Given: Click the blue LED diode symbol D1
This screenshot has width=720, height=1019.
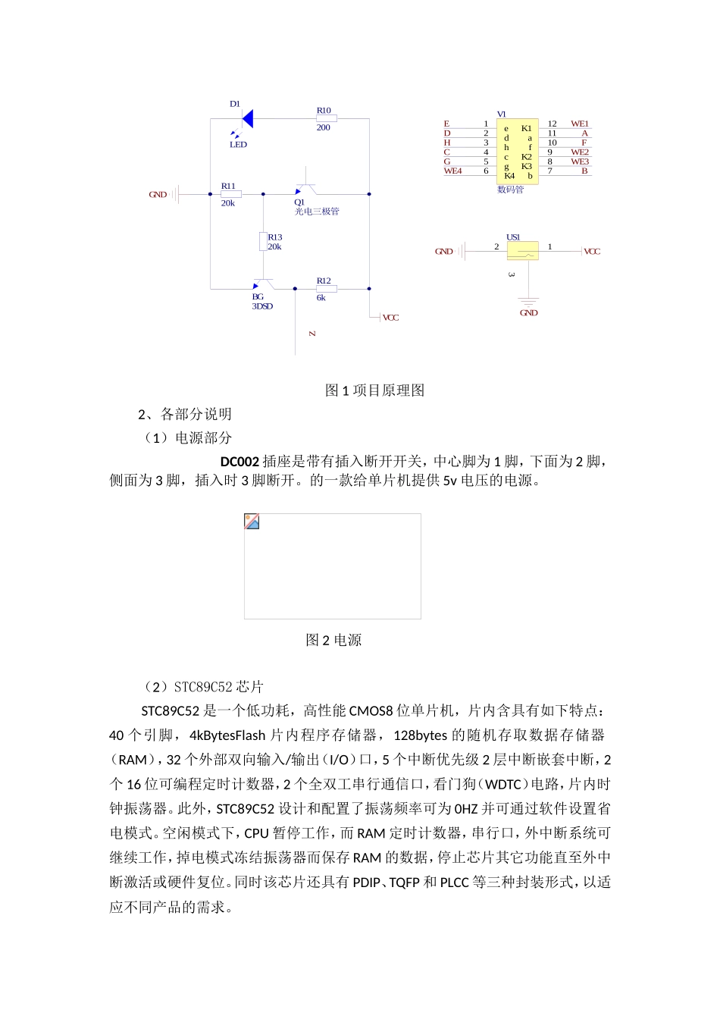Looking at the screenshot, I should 247,118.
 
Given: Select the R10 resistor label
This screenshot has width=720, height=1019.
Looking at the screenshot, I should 324,111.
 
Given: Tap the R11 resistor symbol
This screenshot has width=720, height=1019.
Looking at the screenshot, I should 231,194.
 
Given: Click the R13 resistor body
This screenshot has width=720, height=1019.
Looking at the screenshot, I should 263,241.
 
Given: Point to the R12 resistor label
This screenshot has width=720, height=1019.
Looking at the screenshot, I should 324,281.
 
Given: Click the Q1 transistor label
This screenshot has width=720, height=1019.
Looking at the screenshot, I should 299,202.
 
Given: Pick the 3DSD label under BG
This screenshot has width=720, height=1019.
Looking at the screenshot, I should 262,306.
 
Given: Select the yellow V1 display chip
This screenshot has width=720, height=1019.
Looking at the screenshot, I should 517,149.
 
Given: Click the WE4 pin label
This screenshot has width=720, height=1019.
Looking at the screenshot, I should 452,171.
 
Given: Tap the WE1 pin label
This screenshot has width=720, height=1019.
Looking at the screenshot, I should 580,124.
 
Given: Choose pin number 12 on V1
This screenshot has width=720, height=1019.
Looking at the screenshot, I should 552,124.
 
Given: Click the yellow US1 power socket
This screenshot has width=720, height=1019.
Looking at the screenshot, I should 522,250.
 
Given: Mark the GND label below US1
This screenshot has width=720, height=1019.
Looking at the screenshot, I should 528,312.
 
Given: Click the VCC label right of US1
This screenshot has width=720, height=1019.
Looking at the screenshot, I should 592,252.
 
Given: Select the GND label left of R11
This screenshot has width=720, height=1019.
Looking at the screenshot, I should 158,195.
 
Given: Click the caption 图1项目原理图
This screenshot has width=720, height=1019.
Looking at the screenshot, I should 374,390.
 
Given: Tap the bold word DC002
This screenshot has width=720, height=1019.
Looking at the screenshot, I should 239,462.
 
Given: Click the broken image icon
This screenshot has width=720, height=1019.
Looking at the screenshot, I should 252,521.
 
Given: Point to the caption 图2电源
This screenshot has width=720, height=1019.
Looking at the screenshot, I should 333,641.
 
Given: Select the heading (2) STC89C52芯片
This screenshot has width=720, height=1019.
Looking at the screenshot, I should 203,687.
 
